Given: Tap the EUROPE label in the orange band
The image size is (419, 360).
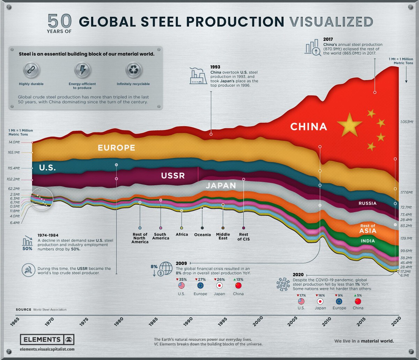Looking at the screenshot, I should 116,147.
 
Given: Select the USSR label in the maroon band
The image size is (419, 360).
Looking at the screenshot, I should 173,175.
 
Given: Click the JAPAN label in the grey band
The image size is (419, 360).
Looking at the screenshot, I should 221,186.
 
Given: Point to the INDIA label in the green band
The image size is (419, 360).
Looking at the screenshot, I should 368,241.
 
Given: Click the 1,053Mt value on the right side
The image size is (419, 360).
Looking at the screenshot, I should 406,122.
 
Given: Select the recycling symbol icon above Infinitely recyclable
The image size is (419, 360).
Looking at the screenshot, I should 133,70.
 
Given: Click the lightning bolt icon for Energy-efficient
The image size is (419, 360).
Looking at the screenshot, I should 82,70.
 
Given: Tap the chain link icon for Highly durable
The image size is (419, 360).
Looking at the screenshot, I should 31,70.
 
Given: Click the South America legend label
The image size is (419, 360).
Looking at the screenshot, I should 161,236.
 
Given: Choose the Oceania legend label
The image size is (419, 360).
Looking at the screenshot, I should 203,235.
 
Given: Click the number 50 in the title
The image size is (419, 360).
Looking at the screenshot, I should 60,22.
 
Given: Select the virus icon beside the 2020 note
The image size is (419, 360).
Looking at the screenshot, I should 283,283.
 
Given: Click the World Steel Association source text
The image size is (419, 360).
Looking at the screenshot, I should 50,310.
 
